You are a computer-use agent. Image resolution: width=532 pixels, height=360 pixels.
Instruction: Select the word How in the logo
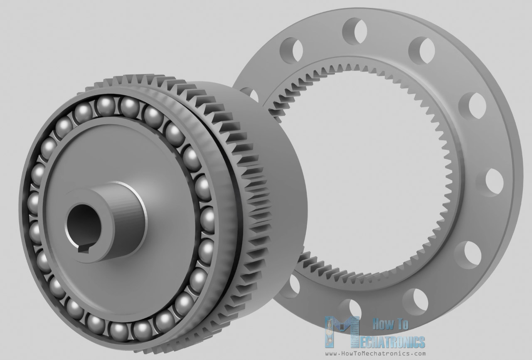pyautogui.click(x=383, y=324)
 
